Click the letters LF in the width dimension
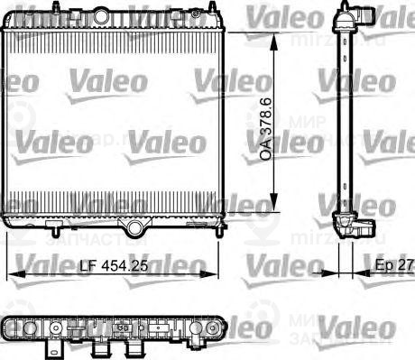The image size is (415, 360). [x=88, y=267]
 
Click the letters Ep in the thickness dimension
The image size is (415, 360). [x=383, y=267]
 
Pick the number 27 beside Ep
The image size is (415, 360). [x=406, y=267]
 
